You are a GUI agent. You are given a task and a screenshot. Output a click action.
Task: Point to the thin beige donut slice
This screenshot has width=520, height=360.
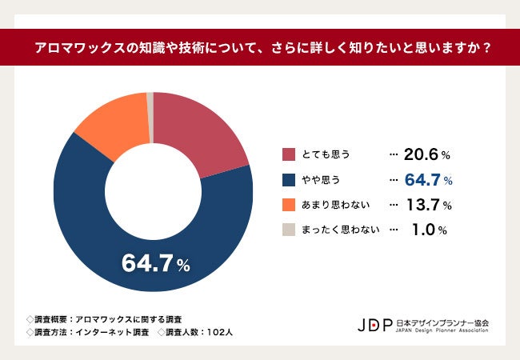pos(150,99)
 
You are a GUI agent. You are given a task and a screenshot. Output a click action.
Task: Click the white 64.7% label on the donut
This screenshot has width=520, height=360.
pos(154,262)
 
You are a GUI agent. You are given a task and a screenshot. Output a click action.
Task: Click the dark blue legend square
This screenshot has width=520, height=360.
pos(289,180)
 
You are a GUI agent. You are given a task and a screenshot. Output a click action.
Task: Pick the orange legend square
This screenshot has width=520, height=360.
pos(289,205)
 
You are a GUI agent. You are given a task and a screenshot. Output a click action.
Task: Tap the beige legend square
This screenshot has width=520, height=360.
pos(289,230)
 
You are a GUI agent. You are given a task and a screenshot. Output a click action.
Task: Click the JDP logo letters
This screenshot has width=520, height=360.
pos(375,325)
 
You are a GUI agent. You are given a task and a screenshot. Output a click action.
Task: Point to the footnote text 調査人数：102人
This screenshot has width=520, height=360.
pos(195,330)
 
